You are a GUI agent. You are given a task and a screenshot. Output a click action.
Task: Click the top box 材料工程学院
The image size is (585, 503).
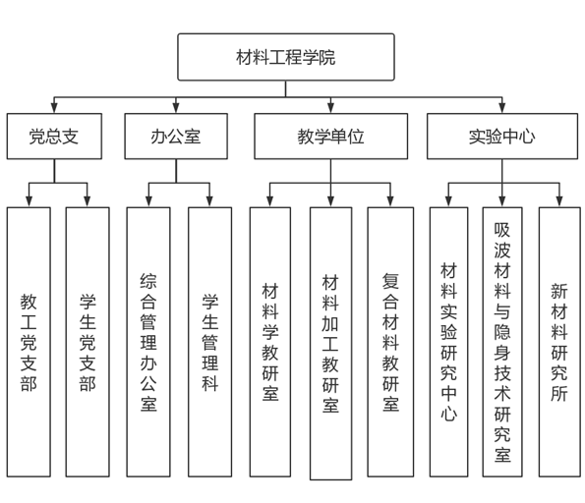[x=286, y=57]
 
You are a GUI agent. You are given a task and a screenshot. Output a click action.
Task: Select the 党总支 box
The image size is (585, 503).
[x=54, y=137]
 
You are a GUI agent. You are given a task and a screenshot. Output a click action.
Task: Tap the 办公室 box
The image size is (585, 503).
[x=176, y=137]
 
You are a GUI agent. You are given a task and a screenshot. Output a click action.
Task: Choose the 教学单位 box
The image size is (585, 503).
[x=331, y=137]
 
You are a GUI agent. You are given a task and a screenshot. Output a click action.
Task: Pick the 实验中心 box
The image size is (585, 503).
[x=502, y=137]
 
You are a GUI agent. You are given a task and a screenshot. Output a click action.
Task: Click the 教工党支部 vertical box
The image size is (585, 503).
[x=29, y=342]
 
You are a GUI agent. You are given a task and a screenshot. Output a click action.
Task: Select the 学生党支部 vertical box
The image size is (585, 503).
[x=88, y=342]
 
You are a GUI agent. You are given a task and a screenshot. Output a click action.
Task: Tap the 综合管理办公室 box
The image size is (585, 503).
[x=148, y=342]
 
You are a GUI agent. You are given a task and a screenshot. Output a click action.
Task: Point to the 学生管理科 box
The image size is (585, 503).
[x=210, y=342]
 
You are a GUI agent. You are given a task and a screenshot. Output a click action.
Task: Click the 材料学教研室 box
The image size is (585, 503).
[x=270, y=342]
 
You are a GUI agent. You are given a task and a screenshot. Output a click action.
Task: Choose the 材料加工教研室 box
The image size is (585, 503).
[x=331, y=344]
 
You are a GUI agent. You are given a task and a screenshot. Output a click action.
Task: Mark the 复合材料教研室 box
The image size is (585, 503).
[x=390, y=342]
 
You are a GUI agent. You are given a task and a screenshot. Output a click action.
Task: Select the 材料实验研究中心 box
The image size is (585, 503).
[x=448, y=342]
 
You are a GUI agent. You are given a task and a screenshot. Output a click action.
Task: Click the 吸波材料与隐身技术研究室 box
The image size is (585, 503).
[x=502, y=342]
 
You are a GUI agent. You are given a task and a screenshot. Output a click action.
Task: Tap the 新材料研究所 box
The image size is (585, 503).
[x=559, y=342]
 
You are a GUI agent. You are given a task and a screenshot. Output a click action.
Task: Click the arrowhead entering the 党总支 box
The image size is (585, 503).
[x=54, y=108]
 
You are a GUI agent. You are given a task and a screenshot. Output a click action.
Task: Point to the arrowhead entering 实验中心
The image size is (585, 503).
[x=502, y=108]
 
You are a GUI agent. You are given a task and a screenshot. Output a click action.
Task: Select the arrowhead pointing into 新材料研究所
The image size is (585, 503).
[x=559, y=201]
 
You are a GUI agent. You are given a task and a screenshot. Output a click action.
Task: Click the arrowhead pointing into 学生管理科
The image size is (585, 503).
[x=209, y=201]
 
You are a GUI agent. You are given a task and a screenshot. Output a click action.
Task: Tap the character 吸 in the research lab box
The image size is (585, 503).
[x=502, y=230]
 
